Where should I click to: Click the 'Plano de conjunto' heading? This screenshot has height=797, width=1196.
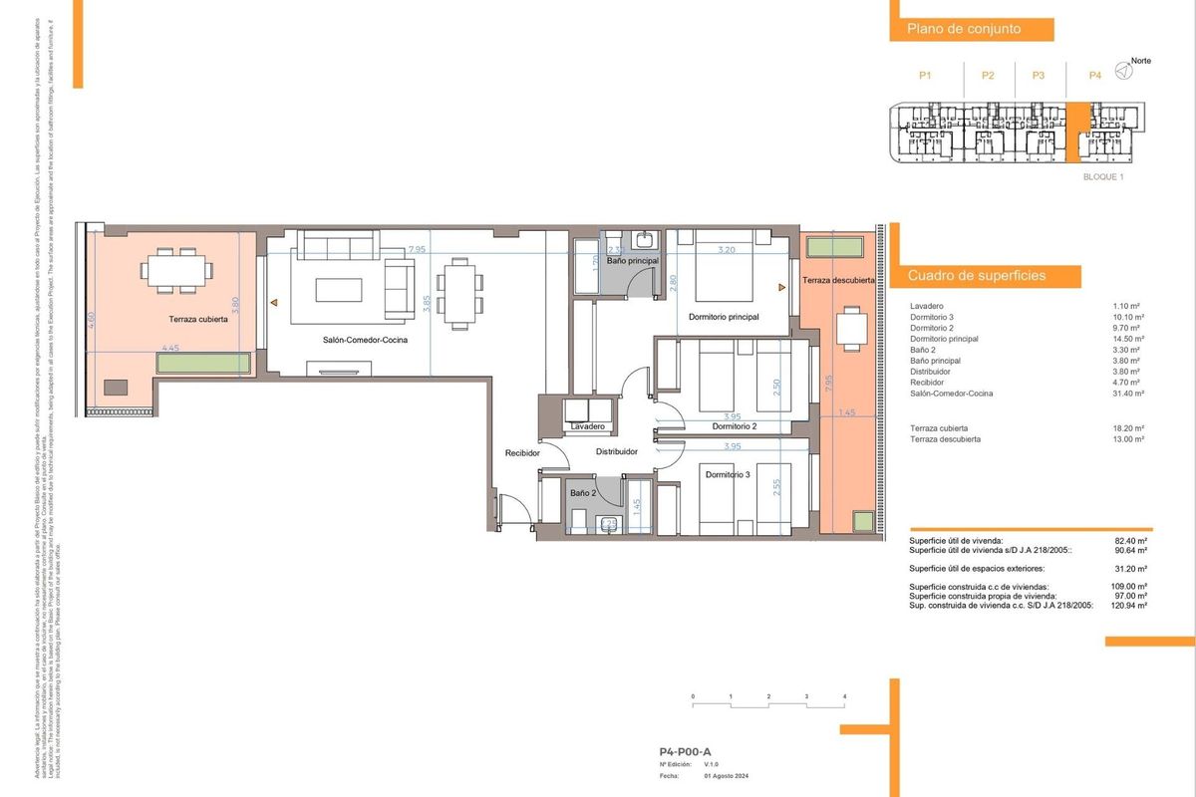coord(963,30)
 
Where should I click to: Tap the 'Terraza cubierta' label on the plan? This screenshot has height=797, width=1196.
coord(198,320)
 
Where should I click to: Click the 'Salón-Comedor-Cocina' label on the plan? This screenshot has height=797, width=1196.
coord(364,340)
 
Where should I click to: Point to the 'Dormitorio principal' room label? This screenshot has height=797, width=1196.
coord(724,317)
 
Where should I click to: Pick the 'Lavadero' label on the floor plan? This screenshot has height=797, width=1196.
coord(587,426)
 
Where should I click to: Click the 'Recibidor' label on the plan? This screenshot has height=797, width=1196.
coord(522,452)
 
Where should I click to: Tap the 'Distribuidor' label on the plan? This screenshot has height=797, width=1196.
coord(616,451)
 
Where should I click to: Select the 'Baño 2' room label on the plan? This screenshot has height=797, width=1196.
coord(582,492)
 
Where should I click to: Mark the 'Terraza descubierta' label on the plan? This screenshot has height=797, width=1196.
coord(838,281)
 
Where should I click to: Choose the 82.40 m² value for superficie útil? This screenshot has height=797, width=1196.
coord(1130,540)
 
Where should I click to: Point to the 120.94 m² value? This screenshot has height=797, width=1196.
coord(1128,605)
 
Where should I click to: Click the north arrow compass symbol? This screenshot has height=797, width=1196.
coord(1123,70)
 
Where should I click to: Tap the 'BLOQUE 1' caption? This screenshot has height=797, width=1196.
coord(1103,176)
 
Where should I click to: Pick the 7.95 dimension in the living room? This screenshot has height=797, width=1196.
coord(417,248)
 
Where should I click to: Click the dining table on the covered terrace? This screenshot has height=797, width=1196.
coord(176,269)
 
